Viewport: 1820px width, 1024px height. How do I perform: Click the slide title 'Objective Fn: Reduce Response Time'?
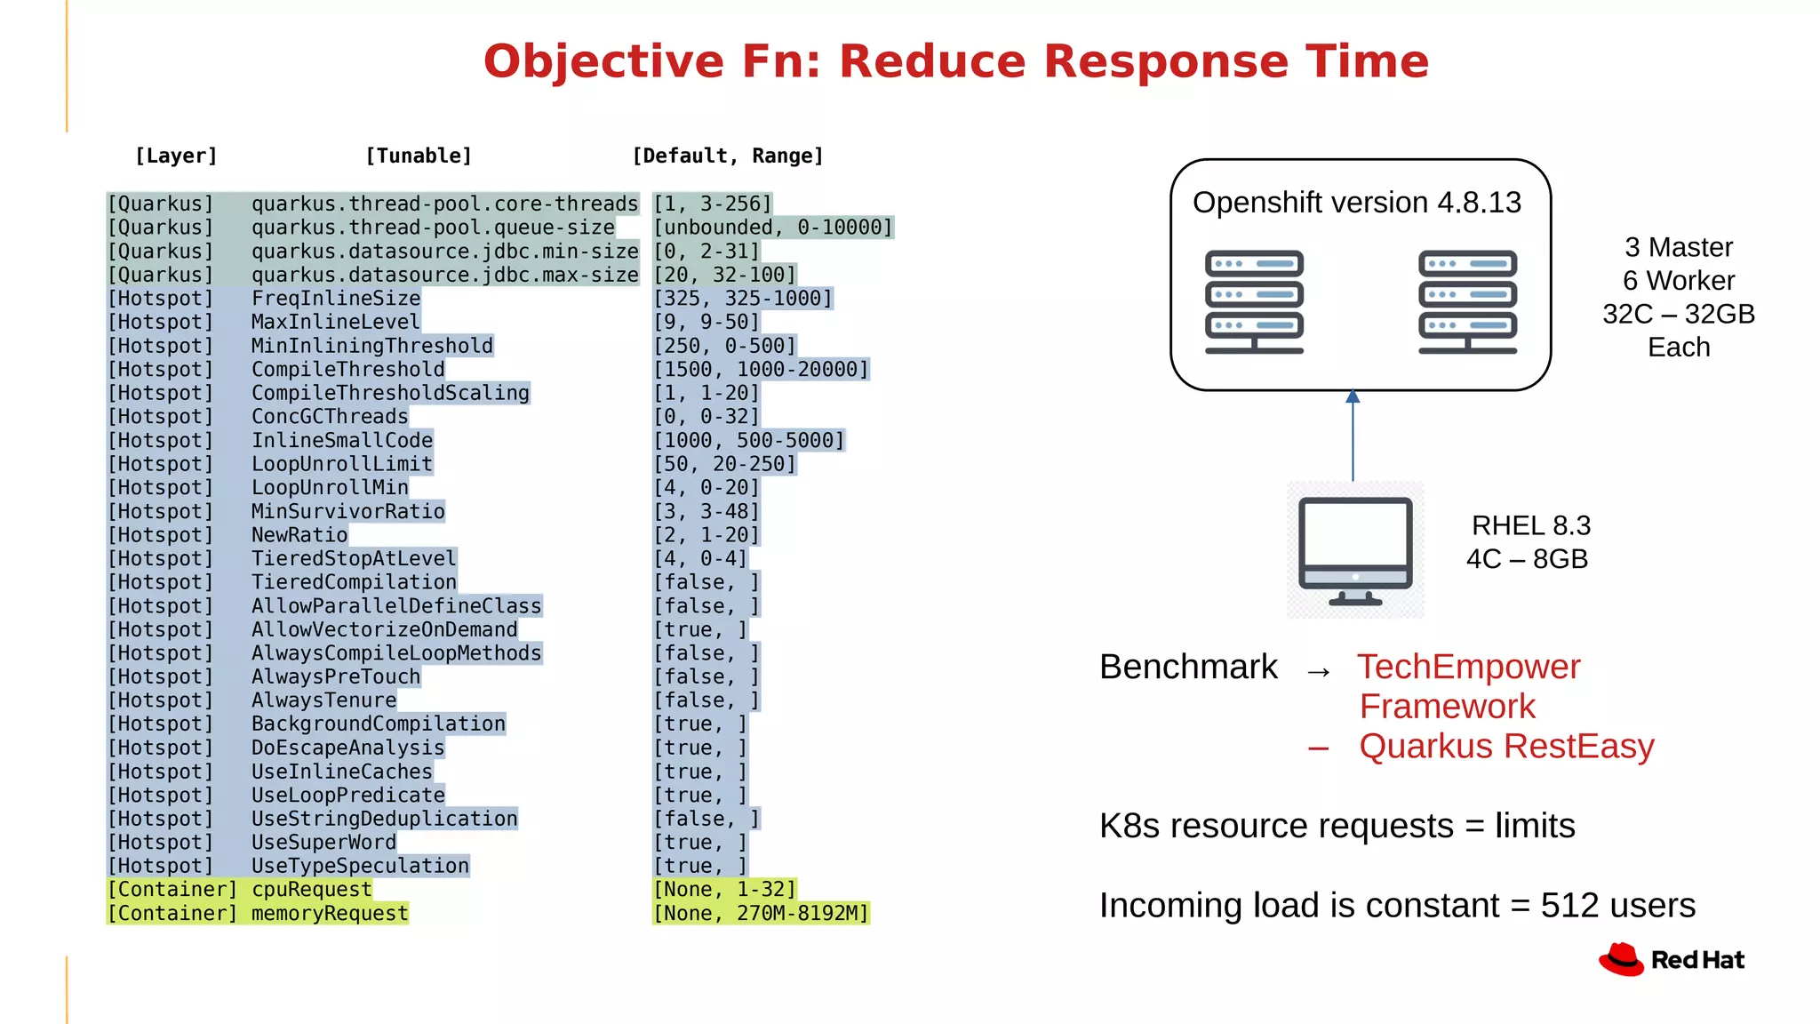click(955, 62)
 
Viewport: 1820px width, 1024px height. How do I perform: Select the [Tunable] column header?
click(419, 156)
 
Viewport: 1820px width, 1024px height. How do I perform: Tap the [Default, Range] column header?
click(727, 156)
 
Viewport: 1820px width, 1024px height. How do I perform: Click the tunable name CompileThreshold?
click(347, 370)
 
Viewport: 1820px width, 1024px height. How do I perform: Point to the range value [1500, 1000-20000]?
click(761, 370)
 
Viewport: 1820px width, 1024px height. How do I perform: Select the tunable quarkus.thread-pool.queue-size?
click(433, 228)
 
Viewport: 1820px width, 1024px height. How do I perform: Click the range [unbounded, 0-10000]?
click(772, 228)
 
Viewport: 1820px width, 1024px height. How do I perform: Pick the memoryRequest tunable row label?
click(330, 914)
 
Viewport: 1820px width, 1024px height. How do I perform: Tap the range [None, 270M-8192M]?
click(761, 914)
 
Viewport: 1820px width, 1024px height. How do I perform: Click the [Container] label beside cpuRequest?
click(172, 890)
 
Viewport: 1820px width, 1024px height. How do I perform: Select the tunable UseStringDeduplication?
click(384, 819)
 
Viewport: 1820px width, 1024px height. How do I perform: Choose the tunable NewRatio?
click(299, 535)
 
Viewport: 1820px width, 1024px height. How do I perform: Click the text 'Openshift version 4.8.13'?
click(1357, 203)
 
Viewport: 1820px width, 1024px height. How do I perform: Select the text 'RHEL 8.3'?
click(1530, 525)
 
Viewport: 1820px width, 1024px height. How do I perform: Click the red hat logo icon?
click(1622, 960)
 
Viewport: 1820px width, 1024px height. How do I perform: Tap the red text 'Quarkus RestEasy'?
click(1506, 747)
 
